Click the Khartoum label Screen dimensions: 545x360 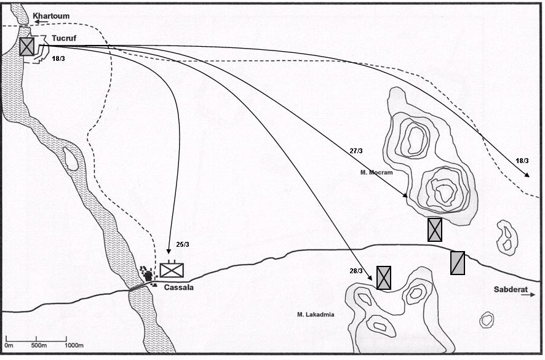coord(51,16)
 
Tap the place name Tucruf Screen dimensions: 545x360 coord(64,38)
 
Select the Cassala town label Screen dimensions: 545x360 coord(178,287)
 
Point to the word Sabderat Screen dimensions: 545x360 coord(511,289)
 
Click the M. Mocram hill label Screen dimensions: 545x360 coord(376,172)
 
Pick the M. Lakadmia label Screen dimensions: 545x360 coord(316,314)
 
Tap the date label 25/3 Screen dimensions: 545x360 coord(183,244)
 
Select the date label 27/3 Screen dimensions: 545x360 coord(356,151)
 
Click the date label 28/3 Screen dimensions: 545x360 coord(356,271)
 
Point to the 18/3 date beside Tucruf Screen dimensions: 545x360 coord(58,58)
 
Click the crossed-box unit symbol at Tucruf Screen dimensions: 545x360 coord(27,46)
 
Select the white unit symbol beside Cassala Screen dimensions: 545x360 coord(172,270)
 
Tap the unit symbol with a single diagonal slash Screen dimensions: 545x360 coord(458,263)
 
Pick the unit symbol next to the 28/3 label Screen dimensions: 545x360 coord(384,278)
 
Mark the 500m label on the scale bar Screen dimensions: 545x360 coord(39,345)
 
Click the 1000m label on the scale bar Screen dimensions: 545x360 coord(74,345)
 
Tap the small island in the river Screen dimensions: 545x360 coord(71,159)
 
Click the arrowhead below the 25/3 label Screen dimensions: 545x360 coord(169,251)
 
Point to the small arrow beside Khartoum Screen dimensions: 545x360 coord(41,22)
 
